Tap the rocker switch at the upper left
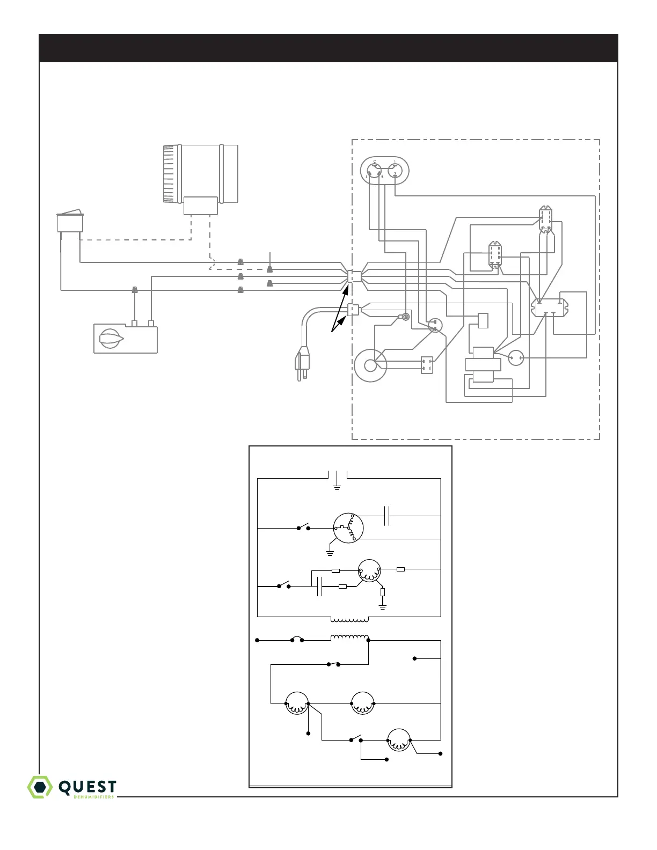(71, 222)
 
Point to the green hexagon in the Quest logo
(40, 787)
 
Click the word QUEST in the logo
(87, 787)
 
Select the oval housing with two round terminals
(384, 171)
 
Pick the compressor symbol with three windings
(348, 529)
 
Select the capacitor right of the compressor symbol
(387, 516)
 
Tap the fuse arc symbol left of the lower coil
(297, 639)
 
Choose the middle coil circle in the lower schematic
(362, 704)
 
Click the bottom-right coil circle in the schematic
(399, 741)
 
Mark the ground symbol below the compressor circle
(330, 552)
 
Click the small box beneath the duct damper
(201, 206)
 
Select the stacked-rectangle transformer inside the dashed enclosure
(483, 365)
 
